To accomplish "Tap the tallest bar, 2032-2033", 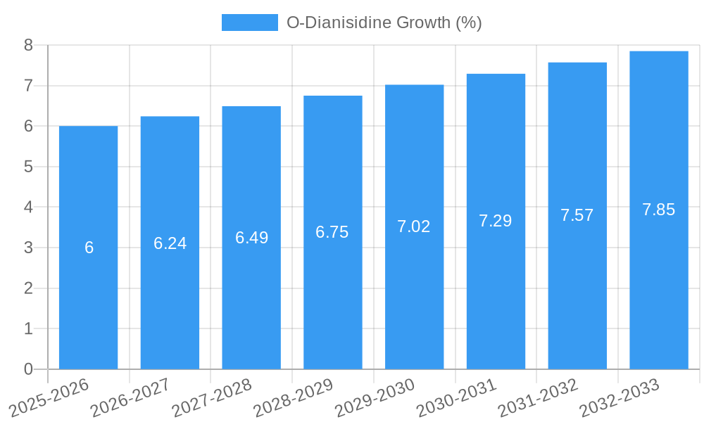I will [659, 281].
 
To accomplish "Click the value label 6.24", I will [170, 243].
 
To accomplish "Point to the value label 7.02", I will [414, 226].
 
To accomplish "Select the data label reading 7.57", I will [577, 215].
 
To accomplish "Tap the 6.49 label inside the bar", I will [251, 238].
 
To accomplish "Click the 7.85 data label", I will [659, 210].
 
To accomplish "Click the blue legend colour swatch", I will [249, 23].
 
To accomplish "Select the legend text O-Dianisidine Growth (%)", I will [384, 23].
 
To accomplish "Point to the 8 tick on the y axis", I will [29, 45].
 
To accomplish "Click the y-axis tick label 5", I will [29, 167].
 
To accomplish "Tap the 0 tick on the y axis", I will [29, 369].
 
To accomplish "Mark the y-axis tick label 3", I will [29, 248].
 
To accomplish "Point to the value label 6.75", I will [332, 232].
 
